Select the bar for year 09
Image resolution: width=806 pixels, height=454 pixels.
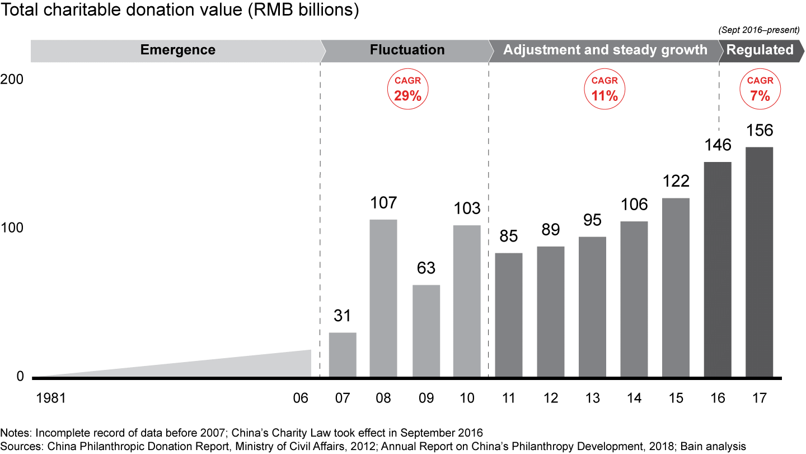click(426, 331)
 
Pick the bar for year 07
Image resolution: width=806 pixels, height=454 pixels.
click(343, 355)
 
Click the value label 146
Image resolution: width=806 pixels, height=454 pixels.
click(718, 145)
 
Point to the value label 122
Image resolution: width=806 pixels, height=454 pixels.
click(676, 182)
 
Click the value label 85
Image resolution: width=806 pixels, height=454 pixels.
click(509, 237)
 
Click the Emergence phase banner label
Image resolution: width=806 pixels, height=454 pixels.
click(177, 50)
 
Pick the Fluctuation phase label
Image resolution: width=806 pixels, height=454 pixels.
click(407, 50)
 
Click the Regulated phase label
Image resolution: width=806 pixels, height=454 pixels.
click(760, 50)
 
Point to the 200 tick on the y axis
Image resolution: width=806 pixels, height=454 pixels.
click(12, 80)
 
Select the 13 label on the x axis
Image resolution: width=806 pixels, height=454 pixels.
click(592, 398)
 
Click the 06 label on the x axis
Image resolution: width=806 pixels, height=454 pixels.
click(301, 398)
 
